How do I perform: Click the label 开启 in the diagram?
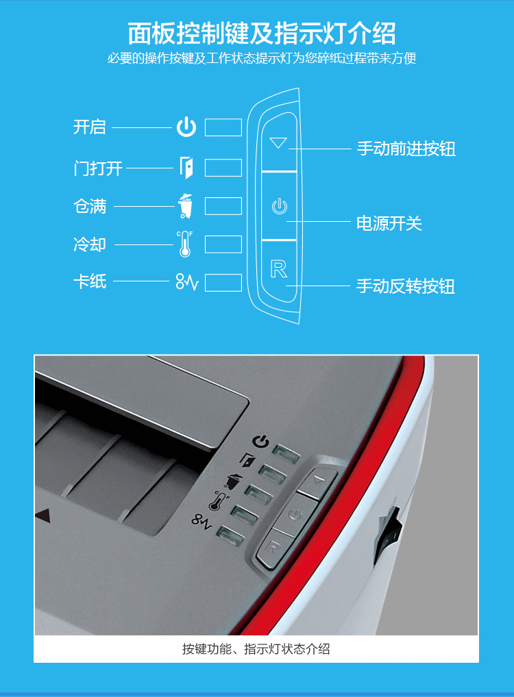click(x=90, y=127)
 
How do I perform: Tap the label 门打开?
click(x=98, y=168)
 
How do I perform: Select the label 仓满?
click(x=90, y=206)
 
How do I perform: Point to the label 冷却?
click(x=90, y=244)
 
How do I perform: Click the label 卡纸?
click(x=90, y=281)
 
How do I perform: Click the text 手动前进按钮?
click(x=406, y=149)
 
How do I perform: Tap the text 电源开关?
click(x=389, y=223)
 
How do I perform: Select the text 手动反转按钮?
click(x=406, y=286)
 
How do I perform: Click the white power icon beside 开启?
click(x=186, y=127)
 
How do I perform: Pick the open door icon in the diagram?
click(x=186, y=168)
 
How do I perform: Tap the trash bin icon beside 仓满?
click(x=186, y=206)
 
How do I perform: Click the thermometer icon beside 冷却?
click(x=184, y=244)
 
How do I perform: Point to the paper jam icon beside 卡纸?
click(x=187, y=282)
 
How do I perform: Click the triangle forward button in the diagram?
click(x=278, y=142)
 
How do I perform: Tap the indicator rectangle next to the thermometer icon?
click(x=223, y=244)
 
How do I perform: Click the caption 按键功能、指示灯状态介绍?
click(x=256, y=649)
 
